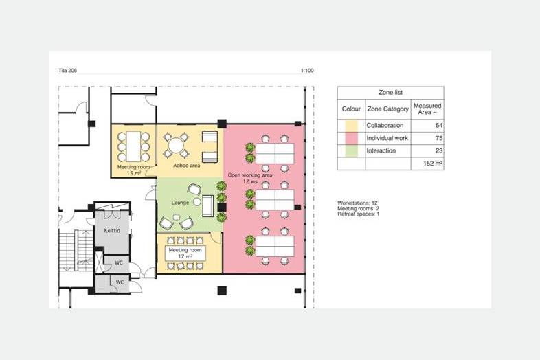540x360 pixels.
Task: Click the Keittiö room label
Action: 112,230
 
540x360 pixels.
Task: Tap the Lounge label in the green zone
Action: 180,203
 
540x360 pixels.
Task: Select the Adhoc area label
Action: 186,166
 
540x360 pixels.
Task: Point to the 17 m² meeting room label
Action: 185,254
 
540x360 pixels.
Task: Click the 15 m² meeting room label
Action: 133,170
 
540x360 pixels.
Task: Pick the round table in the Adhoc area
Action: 176,146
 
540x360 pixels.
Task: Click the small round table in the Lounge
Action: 196,202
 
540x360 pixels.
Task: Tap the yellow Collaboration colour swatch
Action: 351,126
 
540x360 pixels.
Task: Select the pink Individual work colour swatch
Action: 351,138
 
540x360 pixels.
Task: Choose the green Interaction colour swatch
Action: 351,150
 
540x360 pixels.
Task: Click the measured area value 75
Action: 439,138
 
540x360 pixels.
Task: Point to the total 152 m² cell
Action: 433,164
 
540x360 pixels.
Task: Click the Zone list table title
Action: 390,92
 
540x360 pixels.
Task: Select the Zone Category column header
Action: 387,109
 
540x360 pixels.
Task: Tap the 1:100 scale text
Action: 307,71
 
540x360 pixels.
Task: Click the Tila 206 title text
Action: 67,71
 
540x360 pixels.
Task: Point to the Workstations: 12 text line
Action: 357,203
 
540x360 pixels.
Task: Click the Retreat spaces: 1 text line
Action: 359,214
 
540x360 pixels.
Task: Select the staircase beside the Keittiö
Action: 76,251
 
